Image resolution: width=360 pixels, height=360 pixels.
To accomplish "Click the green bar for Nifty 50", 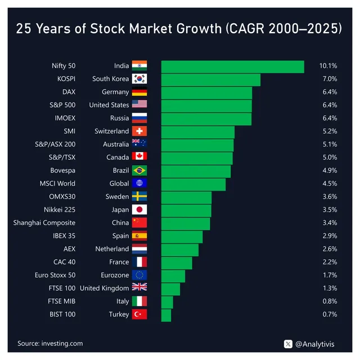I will coord(232,66).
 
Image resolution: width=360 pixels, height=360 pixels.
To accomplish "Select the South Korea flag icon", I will coord(139,79).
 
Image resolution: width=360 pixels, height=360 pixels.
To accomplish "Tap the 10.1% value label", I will coord(327,66).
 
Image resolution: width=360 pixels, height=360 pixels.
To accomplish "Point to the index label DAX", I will coord(68,92).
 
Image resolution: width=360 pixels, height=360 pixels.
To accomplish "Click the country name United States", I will coord(109,105).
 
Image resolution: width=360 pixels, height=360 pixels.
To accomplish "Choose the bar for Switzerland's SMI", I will coord(197,131).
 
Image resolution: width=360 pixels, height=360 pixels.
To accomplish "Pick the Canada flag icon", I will coord(139,157).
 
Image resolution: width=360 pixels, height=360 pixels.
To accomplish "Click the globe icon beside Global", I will coord(139,183).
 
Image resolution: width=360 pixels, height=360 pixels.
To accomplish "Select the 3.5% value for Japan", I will coord(330,210).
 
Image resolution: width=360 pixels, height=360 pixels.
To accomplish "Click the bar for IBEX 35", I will coord(182,236).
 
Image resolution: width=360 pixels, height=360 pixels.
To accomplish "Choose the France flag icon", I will coord(139,262).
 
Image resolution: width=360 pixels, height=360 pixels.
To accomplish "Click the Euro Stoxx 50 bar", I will coord(173,275).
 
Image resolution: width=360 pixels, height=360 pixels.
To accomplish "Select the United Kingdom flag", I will coord(139,288).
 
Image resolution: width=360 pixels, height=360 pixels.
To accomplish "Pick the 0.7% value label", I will coord(330,314).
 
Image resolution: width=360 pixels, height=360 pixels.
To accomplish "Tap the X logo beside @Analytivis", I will coord(289,343).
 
